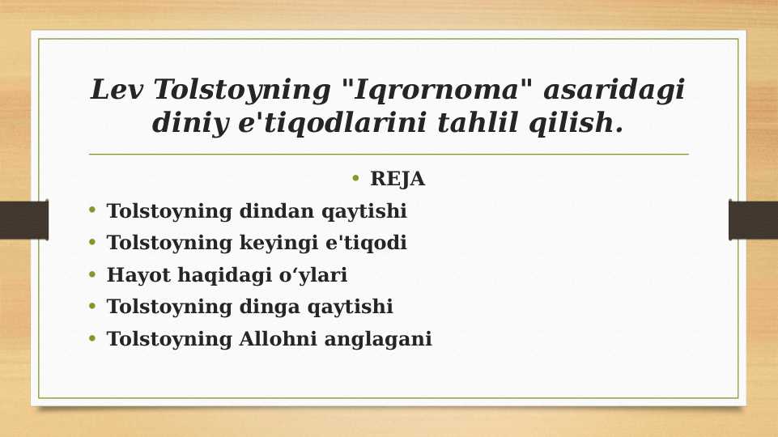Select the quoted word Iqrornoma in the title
(430, 90)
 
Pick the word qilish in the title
(575, 124)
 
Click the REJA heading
(397, 180)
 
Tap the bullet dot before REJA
(357, 179)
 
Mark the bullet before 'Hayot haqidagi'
(92, 275)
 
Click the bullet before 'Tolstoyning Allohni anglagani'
(92, 338)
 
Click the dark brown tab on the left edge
(23, 220)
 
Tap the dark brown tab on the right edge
(753, 220)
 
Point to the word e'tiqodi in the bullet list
(369, 244)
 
